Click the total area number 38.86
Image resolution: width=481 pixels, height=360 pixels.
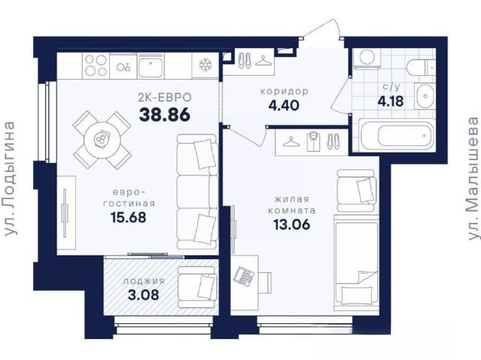pyautogui.click(x=165, y=115)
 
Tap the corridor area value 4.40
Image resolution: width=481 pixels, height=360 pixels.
pyautogui.click(x=283, y=105)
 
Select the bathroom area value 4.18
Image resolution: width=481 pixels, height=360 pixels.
pyautogui.click(x=390, y=101)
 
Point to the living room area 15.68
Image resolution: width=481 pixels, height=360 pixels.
pyautogui.click(x=129, y=217)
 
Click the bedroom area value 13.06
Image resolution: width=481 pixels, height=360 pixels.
pyautogui.click(x=292, y=225)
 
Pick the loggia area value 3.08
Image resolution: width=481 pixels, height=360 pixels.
pyautogui.click(x=144, y=295)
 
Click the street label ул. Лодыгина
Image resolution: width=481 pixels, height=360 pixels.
pyautogui.click(x=11, y=179)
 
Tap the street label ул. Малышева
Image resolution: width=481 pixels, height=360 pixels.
pyautogui.click(x=473, y=178)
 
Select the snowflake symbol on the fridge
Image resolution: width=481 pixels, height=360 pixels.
pyautogui.click(x=205, y=65)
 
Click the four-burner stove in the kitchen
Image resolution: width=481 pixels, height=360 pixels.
pyautogui.click(x=95, y=65)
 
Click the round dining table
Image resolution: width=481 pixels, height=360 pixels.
pyautogui.click(x=101, y=140)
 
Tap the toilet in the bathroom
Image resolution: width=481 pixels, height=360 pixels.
pyautogui.click(x=421, y=68)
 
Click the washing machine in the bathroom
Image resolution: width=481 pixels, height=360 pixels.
pyautogui.click(x=367, y=57)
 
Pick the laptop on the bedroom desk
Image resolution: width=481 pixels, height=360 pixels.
pyautogui.click(x=244, y=277)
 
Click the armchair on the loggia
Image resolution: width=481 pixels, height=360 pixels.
pyautogui.click(x=198, y=287)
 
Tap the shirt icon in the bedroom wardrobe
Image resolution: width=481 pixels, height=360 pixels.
pyautogui.click(x=313, y=141)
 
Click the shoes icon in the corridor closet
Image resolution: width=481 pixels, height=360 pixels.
pyautogui.click(x=244, y=60)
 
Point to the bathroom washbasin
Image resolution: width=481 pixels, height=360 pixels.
pyautogui.click(x=425, y=96)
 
